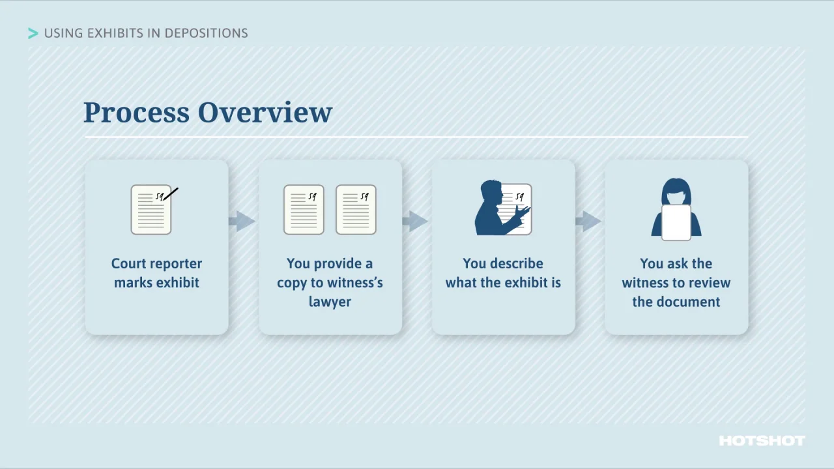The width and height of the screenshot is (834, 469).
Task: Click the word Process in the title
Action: [136, 112]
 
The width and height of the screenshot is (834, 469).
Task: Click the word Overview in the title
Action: [265, 112]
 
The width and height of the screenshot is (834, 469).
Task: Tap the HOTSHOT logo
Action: [762, 441]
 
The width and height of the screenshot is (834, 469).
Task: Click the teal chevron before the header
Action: [33, 33]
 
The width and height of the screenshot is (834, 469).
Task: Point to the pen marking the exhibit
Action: [171, 193]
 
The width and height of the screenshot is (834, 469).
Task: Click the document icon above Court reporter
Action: [151, 210]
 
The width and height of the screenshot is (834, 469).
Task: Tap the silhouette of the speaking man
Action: [490, 210]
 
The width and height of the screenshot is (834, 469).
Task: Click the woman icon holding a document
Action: [676, 210]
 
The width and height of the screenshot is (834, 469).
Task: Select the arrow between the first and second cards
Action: [242, 221]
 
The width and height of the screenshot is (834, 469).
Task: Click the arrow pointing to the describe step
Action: [415, 221]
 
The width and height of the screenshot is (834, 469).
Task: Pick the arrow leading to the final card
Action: [588, 221]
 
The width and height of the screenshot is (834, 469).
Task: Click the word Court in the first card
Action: [128, 264]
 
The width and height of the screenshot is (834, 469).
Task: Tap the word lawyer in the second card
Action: [330, 302]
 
